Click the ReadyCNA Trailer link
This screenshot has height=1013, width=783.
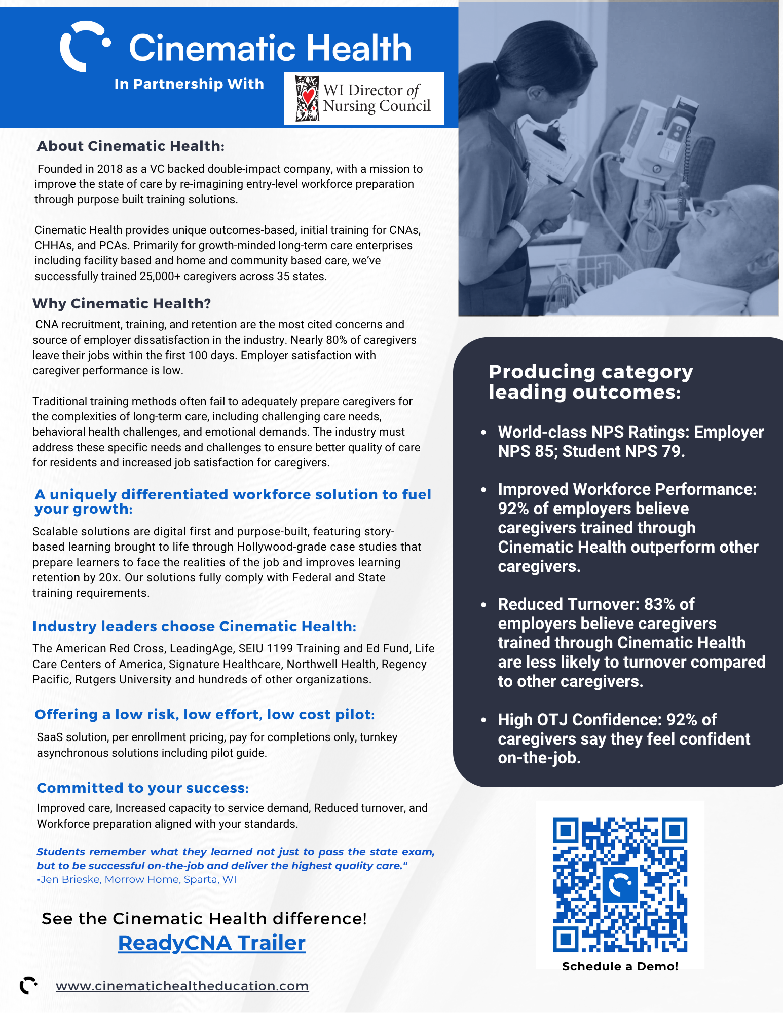[211, 943]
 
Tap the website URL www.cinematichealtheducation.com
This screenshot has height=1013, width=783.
[182, 986]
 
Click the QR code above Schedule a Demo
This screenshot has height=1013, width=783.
[620, 884]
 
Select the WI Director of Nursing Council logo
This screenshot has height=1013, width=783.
[364, 98]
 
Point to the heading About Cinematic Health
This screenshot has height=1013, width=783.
[130, 146]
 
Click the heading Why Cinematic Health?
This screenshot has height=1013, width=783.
[122, 304]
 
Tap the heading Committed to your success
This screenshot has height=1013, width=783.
[142, 788]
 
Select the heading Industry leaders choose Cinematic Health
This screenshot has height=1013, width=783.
[194, 627]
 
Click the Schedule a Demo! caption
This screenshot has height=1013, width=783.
[620, 966]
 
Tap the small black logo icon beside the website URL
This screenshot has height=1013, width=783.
[28, 985]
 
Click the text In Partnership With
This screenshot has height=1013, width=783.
[189, 84]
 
